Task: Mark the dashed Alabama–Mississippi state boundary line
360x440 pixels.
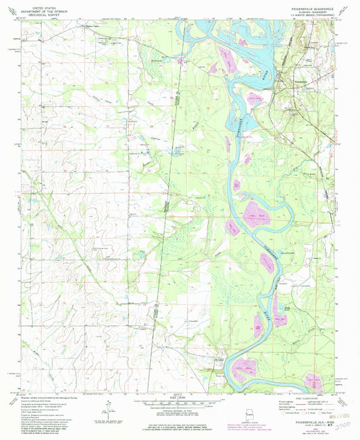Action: pos(165,203)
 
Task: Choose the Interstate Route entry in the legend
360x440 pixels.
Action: pos(290,415)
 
